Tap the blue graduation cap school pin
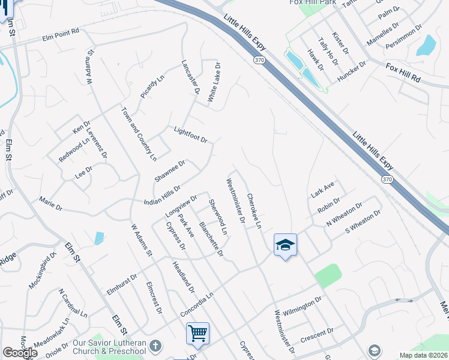tap(285, 245)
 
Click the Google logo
tap(19, 353)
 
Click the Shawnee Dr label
tap(170, 171)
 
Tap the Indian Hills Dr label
tap(162, 197)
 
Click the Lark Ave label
tap(322, 190)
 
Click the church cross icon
tap(155, 346)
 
